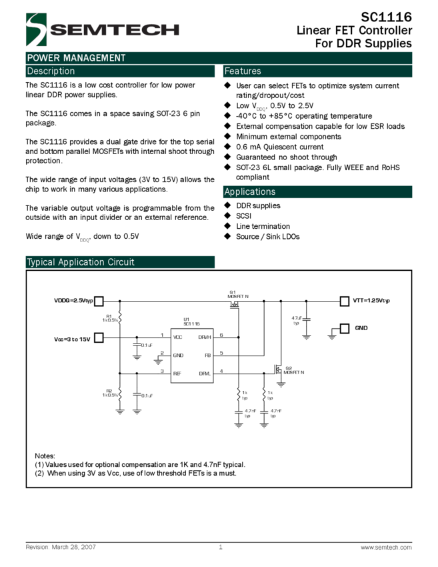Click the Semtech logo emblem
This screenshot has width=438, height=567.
(x=36, y=29)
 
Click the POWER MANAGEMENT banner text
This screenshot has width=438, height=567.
(x=76, y=58)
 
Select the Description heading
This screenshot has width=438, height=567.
(x=51, y=71)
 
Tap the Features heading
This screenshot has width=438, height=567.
(x=243, y=71)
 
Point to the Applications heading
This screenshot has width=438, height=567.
(x=250, y=192)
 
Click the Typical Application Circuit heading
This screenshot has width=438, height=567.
(x=81, y=262)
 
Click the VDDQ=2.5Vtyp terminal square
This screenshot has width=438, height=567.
(x=99, y=301)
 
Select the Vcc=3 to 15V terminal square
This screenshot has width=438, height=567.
(x=99, y=338)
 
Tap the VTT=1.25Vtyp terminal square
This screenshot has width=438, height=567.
(x=345, y=301)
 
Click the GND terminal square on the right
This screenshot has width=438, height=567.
(x=345, y=328)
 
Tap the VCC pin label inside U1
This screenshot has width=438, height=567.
(x=177, y=338)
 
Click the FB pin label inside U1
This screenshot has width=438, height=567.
(x=207, y=356)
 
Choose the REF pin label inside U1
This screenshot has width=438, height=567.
(x=177, y=374)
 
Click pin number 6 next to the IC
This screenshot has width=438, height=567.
(x=221, y=335)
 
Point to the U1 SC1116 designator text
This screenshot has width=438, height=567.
(x=191, y=322)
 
